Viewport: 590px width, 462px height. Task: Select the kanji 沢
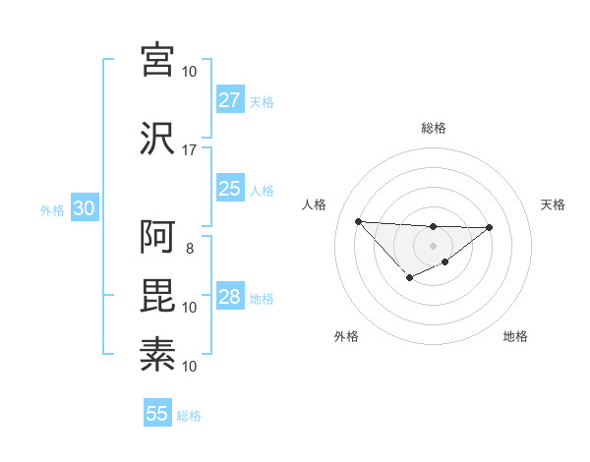(x=157, y=139)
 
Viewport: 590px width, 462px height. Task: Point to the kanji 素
(x=157, y=353)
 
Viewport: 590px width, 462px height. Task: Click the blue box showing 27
(x=229, y=100)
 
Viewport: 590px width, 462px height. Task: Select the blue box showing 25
(x=229, y=189)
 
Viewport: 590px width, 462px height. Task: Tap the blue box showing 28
(x=229, y=297)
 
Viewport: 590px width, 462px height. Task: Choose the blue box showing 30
(x=84, y=209)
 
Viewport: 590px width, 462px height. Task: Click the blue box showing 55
(x=157, y=414)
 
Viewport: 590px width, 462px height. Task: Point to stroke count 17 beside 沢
(x=190, y=150)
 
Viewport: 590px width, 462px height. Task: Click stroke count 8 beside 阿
(x=190, y=248)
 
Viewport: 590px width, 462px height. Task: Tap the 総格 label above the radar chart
(x=434, y=128)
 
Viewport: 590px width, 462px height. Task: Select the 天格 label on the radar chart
(x=554, y=204)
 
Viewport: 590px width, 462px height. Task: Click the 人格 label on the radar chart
(x=315, y=204)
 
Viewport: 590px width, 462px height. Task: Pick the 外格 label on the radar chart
(x=346, y=336)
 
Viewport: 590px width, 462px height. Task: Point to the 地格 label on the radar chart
(x=515, y=336)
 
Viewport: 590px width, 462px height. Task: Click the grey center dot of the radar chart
(x=433, y=245)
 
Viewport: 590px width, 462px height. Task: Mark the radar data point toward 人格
(x=358, y=221)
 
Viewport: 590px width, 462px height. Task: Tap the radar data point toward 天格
(x=490, y=228)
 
